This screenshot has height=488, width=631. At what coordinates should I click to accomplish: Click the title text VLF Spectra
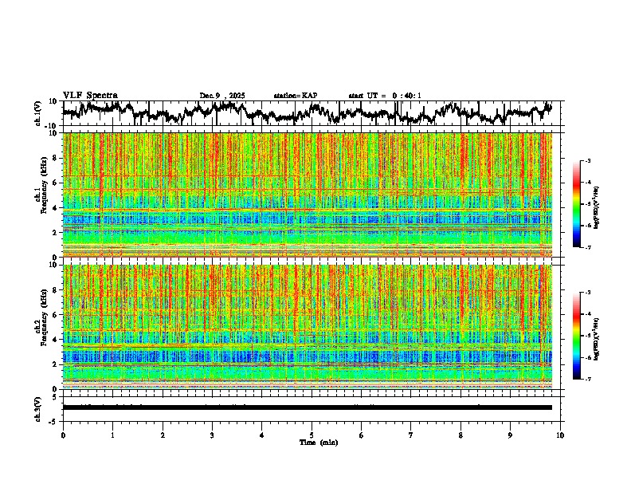[x=90, y=95]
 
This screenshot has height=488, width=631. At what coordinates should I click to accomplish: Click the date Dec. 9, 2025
[x=222, y=96]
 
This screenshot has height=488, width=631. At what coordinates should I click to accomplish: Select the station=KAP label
[x=296, y=96]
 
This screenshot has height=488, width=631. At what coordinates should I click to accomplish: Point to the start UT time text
[x=385, y=96]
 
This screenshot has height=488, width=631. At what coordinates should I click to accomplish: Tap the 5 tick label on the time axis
[x=312, y=435]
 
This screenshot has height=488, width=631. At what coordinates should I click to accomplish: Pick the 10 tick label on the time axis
[x=560, y=435]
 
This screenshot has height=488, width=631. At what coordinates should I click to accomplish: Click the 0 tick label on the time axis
[x=63, y=435]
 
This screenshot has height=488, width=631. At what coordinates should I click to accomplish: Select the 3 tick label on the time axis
[x=212, y=435]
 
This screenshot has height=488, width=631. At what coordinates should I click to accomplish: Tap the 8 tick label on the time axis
[x=461, y=435]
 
